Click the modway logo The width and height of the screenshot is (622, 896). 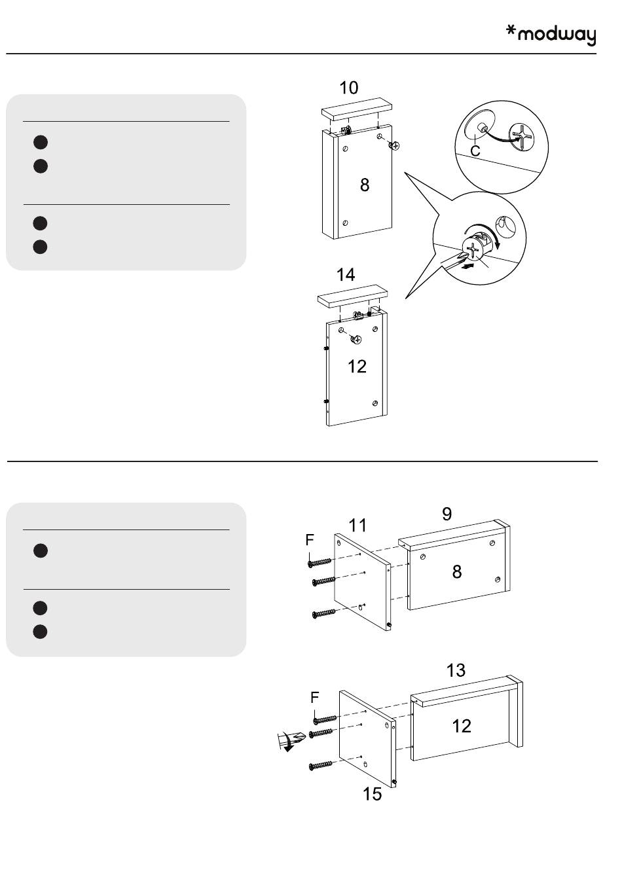click(551, 35)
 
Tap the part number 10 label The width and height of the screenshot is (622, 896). click(349, 88)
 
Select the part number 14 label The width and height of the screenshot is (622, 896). click(346, 275)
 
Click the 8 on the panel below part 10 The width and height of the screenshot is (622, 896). click(365, 185)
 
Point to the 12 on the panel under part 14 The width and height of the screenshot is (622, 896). click(357, 367)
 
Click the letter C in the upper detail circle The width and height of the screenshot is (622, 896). click(475, 151)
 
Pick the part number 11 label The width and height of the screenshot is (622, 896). click(357, 526)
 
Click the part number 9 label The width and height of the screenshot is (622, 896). click(447, 514)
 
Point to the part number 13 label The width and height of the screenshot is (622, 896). click(456, 670)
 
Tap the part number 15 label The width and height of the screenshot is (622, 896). click(372, 794)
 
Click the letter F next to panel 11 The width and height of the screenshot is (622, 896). click(310, 540)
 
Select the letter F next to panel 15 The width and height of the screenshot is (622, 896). click(315, 698)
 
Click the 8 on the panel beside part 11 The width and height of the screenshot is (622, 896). click(457, 572)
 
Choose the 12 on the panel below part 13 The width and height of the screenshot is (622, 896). click(462, 726)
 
